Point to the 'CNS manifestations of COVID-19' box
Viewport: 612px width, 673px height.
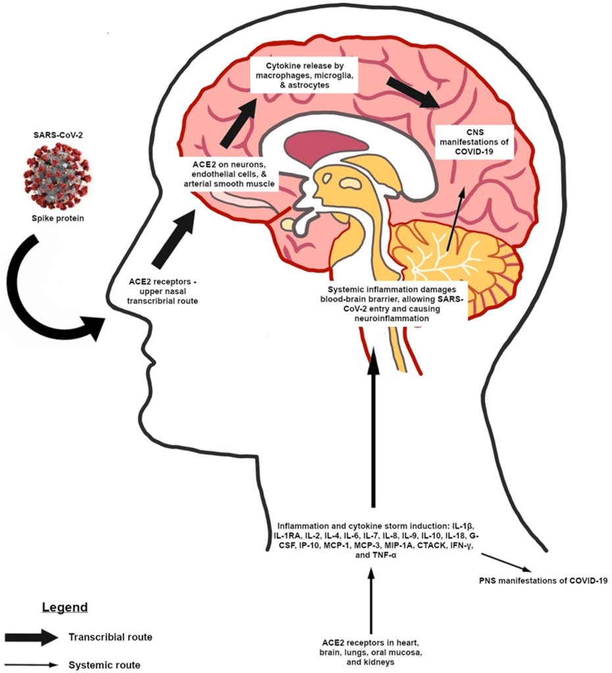466,142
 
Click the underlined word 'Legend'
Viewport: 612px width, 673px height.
65,606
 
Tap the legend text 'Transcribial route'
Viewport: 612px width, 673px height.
111,637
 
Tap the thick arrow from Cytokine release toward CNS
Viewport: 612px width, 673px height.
412,92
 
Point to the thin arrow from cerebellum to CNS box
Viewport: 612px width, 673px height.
455,221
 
